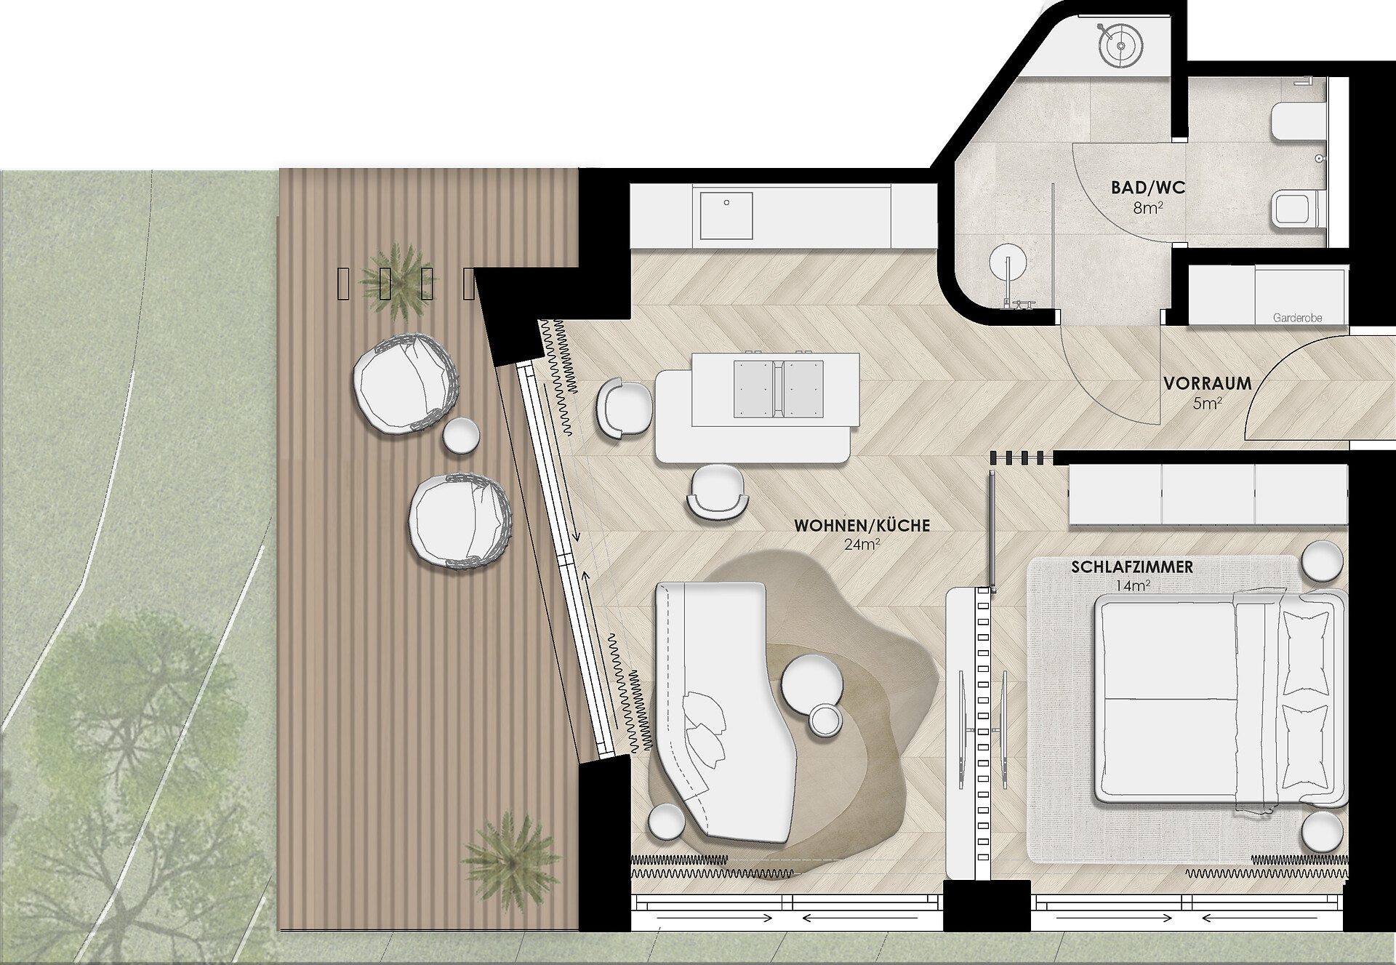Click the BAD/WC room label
pos(1147,188)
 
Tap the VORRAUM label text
pos(1207,383)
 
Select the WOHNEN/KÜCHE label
pos(862,525)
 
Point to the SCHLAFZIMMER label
pos(1131,567)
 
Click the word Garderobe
pos(1297,318)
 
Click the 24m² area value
pos(862,545)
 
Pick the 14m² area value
pos(1133,586)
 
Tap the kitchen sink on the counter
pos(726,215)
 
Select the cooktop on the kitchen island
pos(778,390)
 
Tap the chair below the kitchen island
pos(718,492)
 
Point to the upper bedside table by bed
pos(1322,560)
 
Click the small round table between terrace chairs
pos(461,436)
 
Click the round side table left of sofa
pos(667,822)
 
